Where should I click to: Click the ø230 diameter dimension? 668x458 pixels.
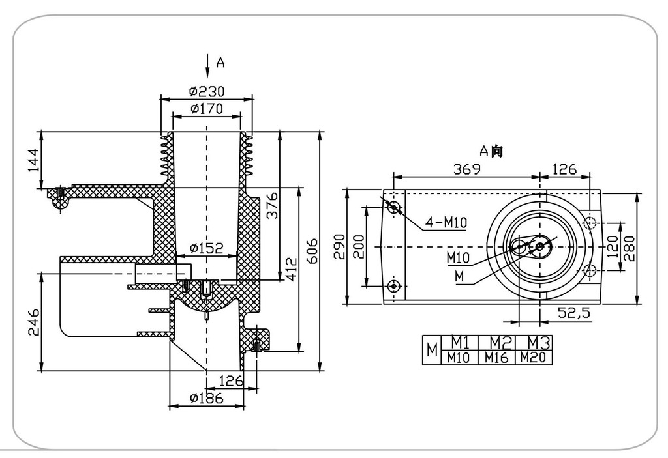pyautogui.click(x=207, y=91)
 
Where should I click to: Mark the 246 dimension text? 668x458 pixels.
pyautogui.click(x=34, y=322)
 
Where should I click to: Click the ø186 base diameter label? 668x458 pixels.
pyautogui.click(x=206, y=397)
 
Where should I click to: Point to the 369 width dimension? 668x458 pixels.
pyautogui.click(x=466, y=169)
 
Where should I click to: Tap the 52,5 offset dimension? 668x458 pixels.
pyautogui.click(x=574, y=313)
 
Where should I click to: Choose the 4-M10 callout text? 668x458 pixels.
pyautogui.click(x=446, y=223)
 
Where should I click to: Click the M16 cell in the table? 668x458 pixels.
pyautogui.click(x=496, y=357)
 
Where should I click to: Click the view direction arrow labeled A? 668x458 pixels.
pyautogui.click(x=207, y=64)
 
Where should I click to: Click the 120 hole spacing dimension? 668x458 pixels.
pyautogui.click(x=612, y=246)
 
